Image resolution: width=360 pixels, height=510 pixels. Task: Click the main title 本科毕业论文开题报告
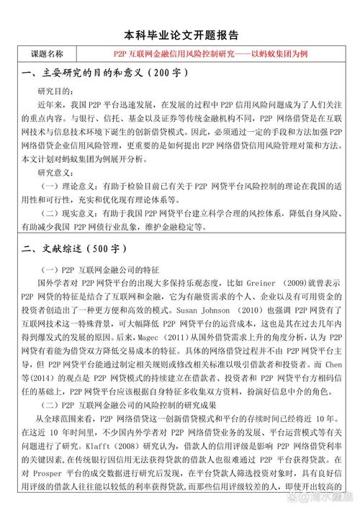(x=181, y=35)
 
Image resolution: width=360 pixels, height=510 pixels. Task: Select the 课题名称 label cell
(x=47, y=54)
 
